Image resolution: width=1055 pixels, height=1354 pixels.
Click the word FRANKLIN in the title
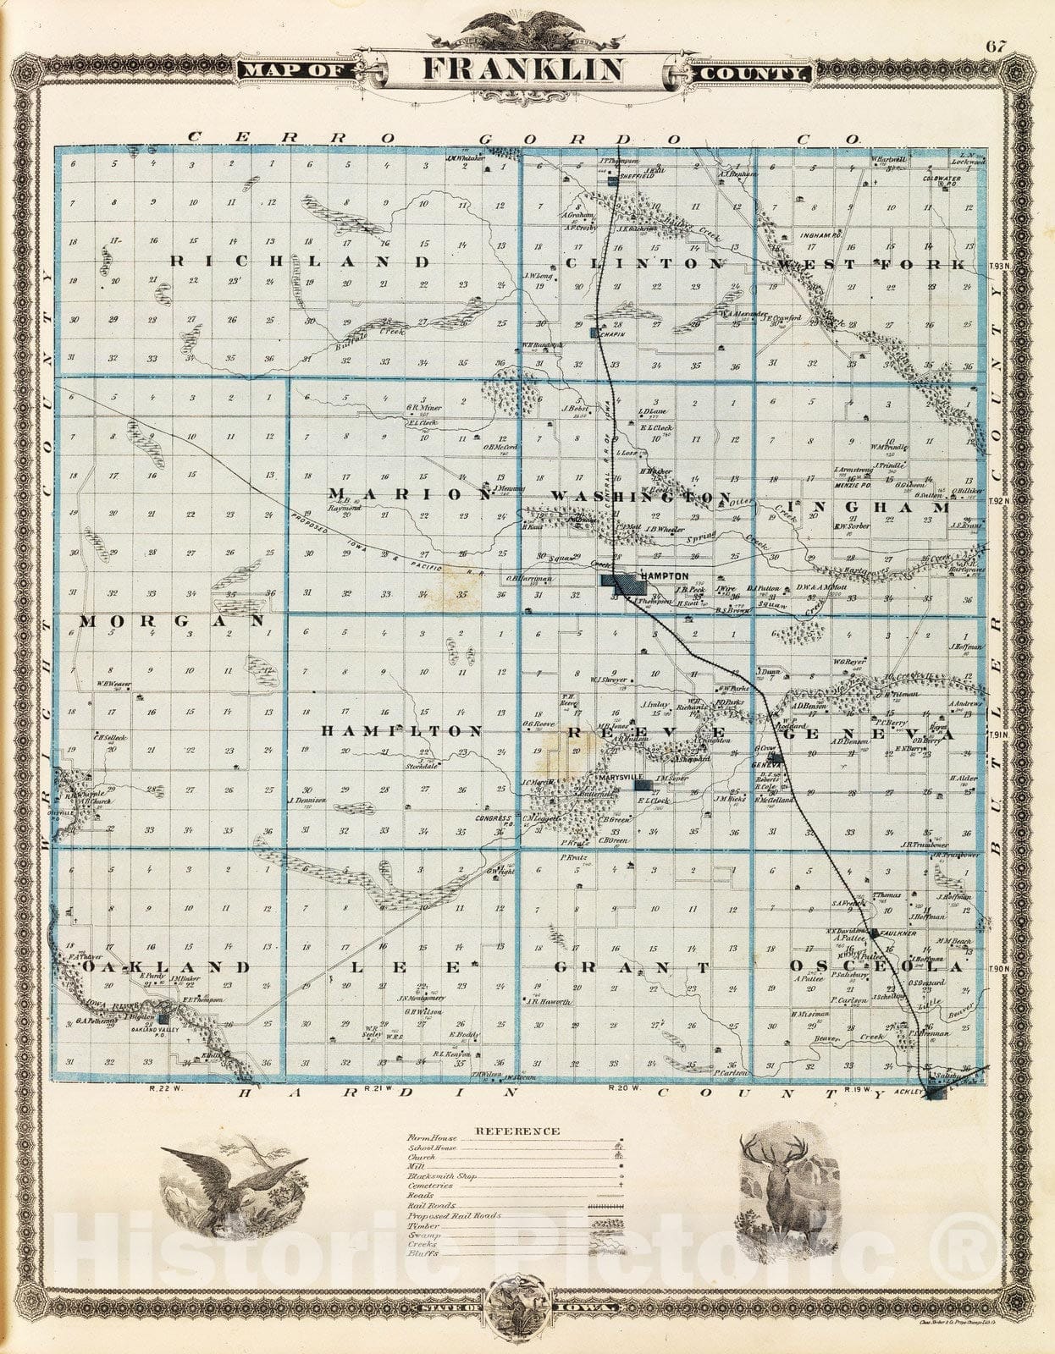(524, 70)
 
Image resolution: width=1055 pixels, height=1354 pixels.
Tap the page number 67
(995, 47)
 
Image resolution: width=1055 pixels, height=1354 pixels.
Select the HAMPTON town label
(665, 575)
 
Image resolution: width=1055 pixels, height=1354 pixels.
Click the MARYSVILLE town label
(620, 777)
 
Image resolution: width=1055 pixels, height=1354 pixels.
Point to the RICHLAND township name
(301, 262)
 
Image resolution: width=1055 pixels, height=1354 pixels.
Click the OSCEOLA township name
(876, 966)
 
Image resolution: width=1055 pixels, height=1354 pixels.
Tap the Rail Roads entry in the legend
(432, 1205)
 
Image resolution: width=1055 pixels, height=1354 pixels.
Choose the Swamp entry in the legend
(420, 1236)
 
